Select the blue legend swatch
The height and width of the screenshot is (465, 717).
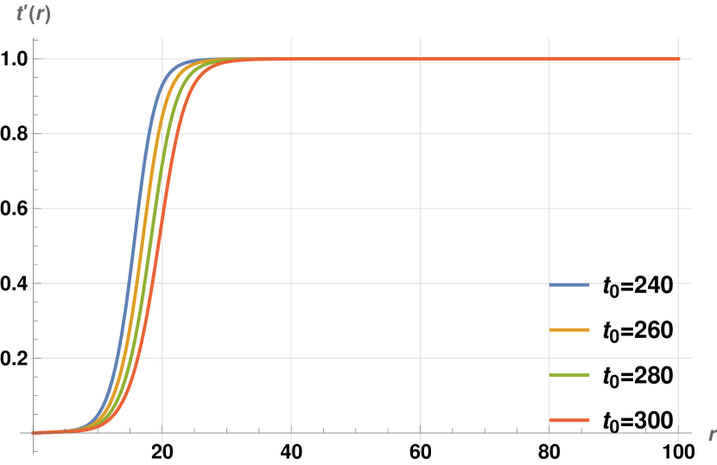pos(569,284)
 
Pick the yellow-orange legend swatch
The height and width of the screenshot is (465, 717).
pos(569,329)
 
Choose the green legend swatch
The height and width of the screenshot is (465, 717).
pos(569,374)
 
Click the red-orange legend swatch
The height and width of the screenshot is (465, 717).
pos(569,420)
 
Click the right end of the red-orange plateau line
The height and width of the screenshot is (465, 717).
pos(678,59)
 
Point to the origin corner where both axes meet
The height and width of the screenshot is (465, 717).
pos(34,432)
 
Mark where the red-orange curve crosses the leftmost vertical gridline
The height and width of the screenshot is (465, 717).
pos(162,213)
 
